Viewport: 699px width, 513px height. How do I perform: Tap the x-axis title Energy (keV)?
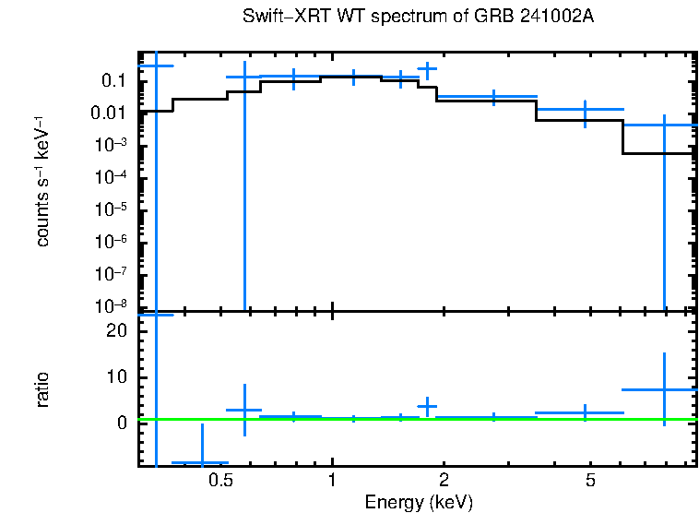[x=419, y=503]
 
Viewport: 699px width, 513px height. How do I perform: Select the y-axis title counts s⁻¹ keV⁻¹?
[x=42, y=182]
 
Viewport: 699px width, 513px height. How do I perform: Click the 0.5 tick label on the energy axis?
[x=219, y=481]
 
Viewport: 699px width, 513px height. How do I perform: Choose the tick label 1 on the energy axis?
[x=332, y=481]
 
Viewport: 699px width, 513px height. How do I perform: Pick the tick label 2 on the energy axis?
[x=444, y=481]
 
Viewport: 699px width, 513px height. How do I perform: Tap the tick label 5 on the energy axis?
[x=591, y=481]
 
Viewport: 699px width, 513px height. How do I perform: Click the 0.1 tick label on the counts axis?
[x=113, y=81]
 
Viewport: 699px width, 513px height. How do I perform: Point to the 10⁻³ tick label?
[x=112, y=145]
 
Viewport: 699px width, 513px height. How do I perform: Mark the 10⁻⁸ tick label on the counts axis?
[x=112, y=305]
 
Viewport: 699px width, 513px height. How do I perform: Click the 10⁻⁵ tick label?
[x=112, y=209]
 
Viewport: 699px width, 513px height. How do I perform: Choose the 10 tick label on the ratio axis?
[x=116, y=377]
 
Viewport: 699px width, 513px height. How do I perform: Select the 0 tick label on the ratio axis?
[x=121, y=423]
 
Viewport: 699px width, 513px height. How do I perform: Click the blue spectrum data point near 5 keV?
[x=585, y=110]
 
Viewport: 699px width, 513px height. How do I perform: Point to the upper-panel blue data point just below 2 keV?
[x=426, y=68]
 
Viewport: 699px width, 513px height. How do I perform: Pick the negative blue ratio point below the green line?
[x=202, y=462]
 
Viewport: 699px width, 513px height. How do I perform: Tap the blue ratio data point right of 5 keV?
[x=664, y=389]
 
